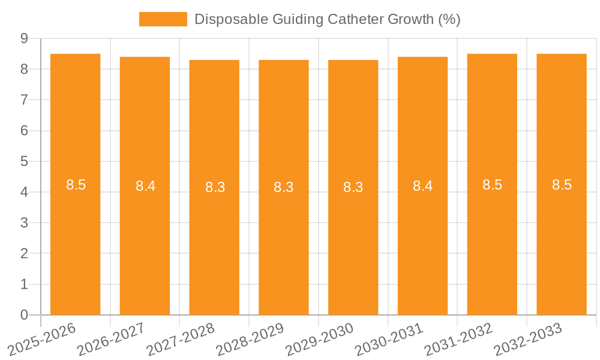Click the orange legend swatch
[163, 19]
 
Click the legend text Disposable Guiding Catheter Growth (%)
[327, 19]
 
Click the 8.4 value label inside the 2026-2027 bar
[145, 186]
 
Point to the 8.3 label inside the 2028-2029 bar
[284, 187]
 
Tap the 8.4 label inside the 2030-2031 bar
[422, 186]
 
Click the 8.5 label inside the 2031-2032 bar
[492, 185]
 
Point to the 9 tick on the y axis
[24, 38]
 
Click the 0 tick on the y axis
[24, 315]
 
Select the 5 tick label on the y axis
[24, 161]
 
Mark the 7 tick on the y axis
[24, 100]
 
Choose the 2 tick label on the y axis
[24, 254]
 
